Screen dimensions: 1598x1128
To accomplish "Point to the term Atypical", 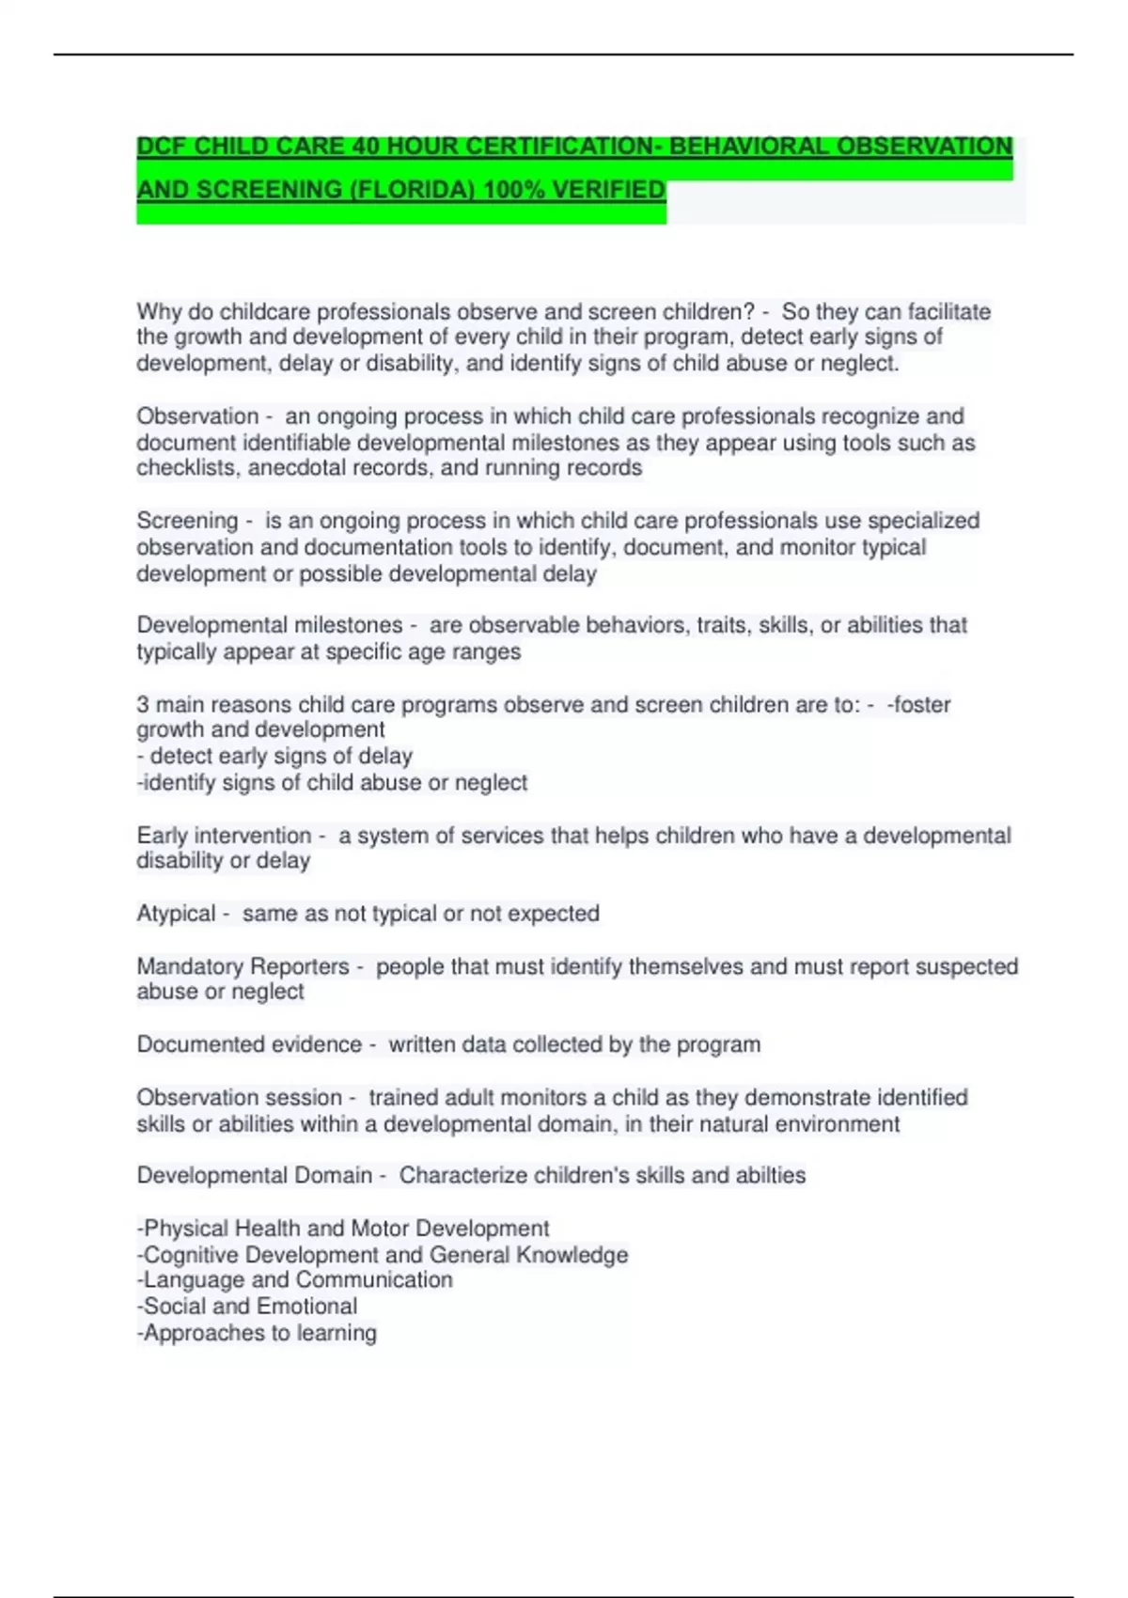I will [x=176, y=914].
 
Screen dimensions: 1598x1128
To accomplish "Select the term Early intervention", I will [x=224, y=836].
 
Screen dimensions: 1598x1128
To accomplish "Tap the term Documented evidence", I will [x=249, y=1044].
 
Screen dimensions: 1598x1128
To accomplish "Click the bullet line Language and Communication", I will [x=295, y=1280].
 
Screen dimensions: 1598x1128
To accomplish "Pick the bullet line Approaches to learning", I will [x=257, y=1333].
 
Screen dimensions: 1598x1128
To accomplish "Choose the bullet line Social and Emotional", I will [x=247, y=1307].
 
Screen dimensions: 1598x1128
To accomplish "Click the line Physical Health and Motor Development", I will [x=343, y=1229].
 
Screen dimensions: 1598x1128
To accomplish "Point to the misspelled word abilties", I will [x=771, y=1176].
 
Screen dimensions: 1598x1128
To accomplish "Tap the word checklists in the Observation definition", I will [x=187, y=468].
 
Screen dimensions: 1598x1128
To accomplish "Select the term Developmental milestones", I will [x=269, y=625].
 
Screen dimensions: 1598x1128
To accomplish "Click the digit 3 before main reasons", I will [x=143, y=705].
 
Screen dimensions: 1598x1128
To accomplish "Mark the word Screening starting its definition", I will [x=187, y=521].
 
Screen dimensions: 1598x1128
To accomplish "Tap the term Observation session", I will [x=239, y=1098].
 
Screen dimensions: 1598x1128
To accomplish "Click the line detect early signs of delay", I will [x=275, y=757].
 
